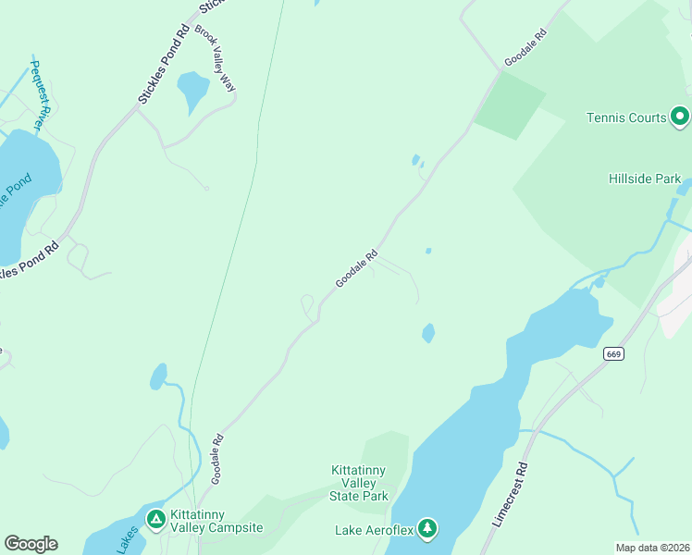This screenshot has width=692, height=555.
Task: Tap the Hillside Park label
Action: (645, 179)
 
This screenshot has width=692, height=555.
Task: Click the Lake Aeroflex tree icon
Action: (426, 529)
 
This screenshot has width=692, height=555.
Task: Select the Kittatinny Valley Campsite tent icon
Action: (155, 519)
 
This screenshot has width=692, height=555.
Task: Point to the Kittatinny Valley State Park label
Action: (360, 483)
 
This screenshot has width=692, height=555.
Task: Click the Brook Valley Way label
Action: (215, 58)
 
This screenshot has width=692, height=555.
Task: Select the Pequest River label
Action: (39, 94)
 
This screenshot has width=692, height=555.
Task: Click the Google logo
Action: (31, 544)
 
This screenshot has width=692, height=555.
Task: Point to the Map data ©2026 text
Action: (652, 548)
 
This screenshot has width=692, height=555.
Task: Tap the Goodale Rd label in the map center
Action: (357, 268)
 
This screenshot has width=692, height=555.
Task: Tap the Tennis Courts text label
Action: (626, 117)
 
